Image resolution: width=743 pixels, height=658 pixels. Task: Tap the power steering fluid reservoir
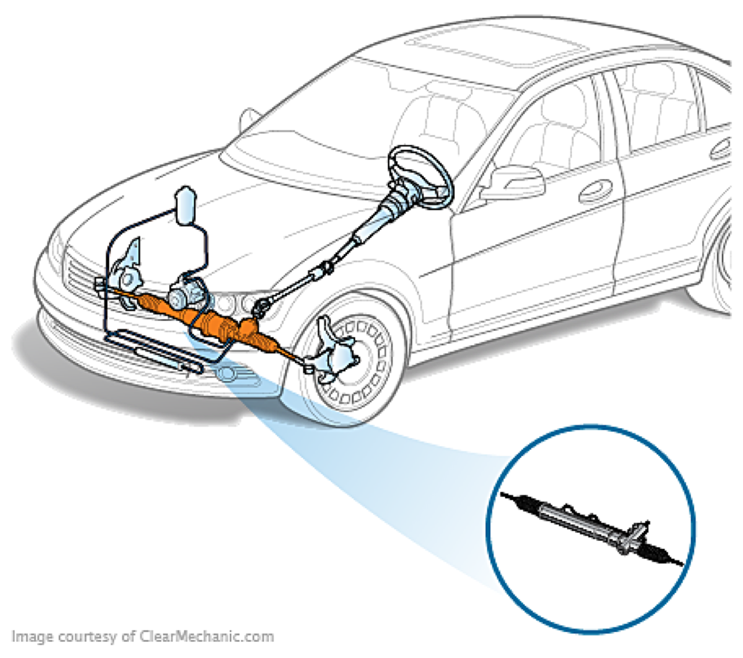click(187, 205)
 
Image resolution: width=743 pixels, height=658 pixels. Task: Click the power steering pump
click(185, 293)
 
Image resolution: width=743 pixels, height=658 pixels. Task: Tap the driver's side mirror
click(513, 180)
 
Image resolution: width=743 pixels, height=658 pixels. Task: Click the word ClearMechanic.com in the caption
click(206, 637)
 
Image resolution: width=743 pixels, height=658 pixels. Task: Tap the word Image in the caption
click(32, 637)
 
